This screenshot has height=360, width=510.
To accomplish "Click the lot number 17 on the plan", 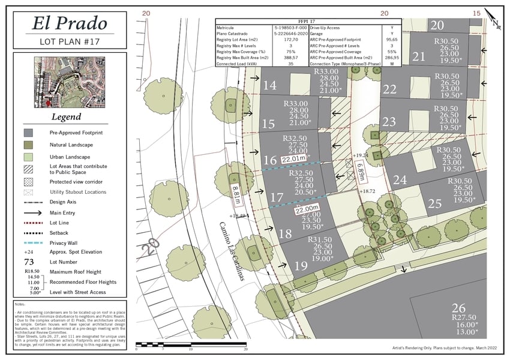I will (277, 197).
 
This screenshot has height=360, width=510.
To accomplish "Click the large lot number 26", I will (458, 308).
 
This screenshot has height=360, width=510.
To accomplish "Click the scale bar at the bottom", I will (191, 344).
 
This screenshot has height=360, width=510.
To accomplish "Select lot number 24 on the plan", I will (400, 179).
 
